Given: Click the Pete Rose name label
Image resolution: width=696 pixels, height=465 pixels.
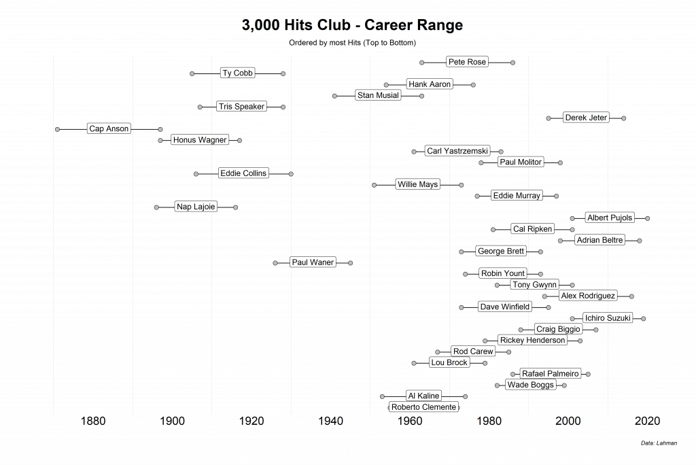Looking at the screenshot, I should pos(467,62).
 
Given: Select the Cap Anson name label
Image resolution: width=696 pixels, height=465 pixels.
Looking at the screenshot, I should pos(109,128).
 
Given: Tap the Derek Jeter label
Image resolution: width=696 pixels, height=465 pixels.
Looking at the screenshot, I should pos(585,118).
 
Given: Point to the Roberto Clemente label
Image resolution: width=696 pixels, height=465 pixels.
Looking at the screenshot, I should pos(423,407).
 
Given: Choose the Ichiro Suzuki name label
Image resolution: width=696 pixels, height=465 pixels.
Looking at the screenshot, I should pos(608,317).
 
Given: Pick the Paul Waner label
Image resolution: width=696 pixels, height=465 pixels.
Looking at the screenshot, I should pos(313,262).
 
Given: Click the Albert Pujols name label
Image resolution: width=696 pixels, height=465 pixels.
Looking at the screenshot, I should pos(609,218).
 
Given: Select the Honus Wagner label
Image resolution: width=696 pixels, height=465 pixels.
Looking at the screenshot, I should pos(200,140).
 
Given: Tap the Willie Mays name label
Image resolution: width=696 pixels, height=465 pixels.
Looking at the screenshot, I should pos(418,184).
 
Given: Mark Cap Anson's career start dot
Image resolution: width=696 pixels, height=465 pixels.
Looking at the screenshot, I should pos(57,129).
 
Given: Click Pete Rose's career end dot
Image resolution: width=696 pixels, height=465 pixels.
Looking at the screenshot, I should pos(512,63).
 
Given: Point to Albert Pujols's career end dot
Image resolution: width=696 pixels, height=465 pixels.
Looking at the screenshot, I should pos(647,218).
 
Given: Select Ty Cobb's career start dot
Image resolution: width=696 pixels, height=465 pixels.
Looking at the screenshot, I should pos(192,73).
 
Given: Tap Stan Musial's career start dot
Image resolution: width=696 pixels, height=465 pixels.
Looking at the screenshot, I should pos(334,96).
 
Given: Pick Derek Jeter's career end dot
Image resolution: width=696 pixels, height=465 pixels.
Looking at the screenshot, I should pos(623,118).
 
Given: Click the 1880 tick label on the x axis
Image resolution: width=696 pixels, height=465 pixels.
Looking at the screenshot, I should pos(92,421).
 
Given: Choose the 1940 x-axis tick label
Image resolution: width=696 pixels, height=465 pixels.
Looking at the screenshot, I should pos(330,421).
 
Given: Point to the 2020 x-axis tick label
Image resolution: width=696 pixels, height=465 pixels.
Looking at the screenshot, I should pos(646,421).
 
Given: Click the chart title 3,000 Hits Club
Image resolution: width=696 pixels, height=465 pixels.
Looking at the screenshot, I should pos(352,26).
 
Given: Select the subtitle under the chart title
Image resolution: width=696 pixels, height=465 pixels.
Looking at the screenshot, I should pos(352,43).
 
